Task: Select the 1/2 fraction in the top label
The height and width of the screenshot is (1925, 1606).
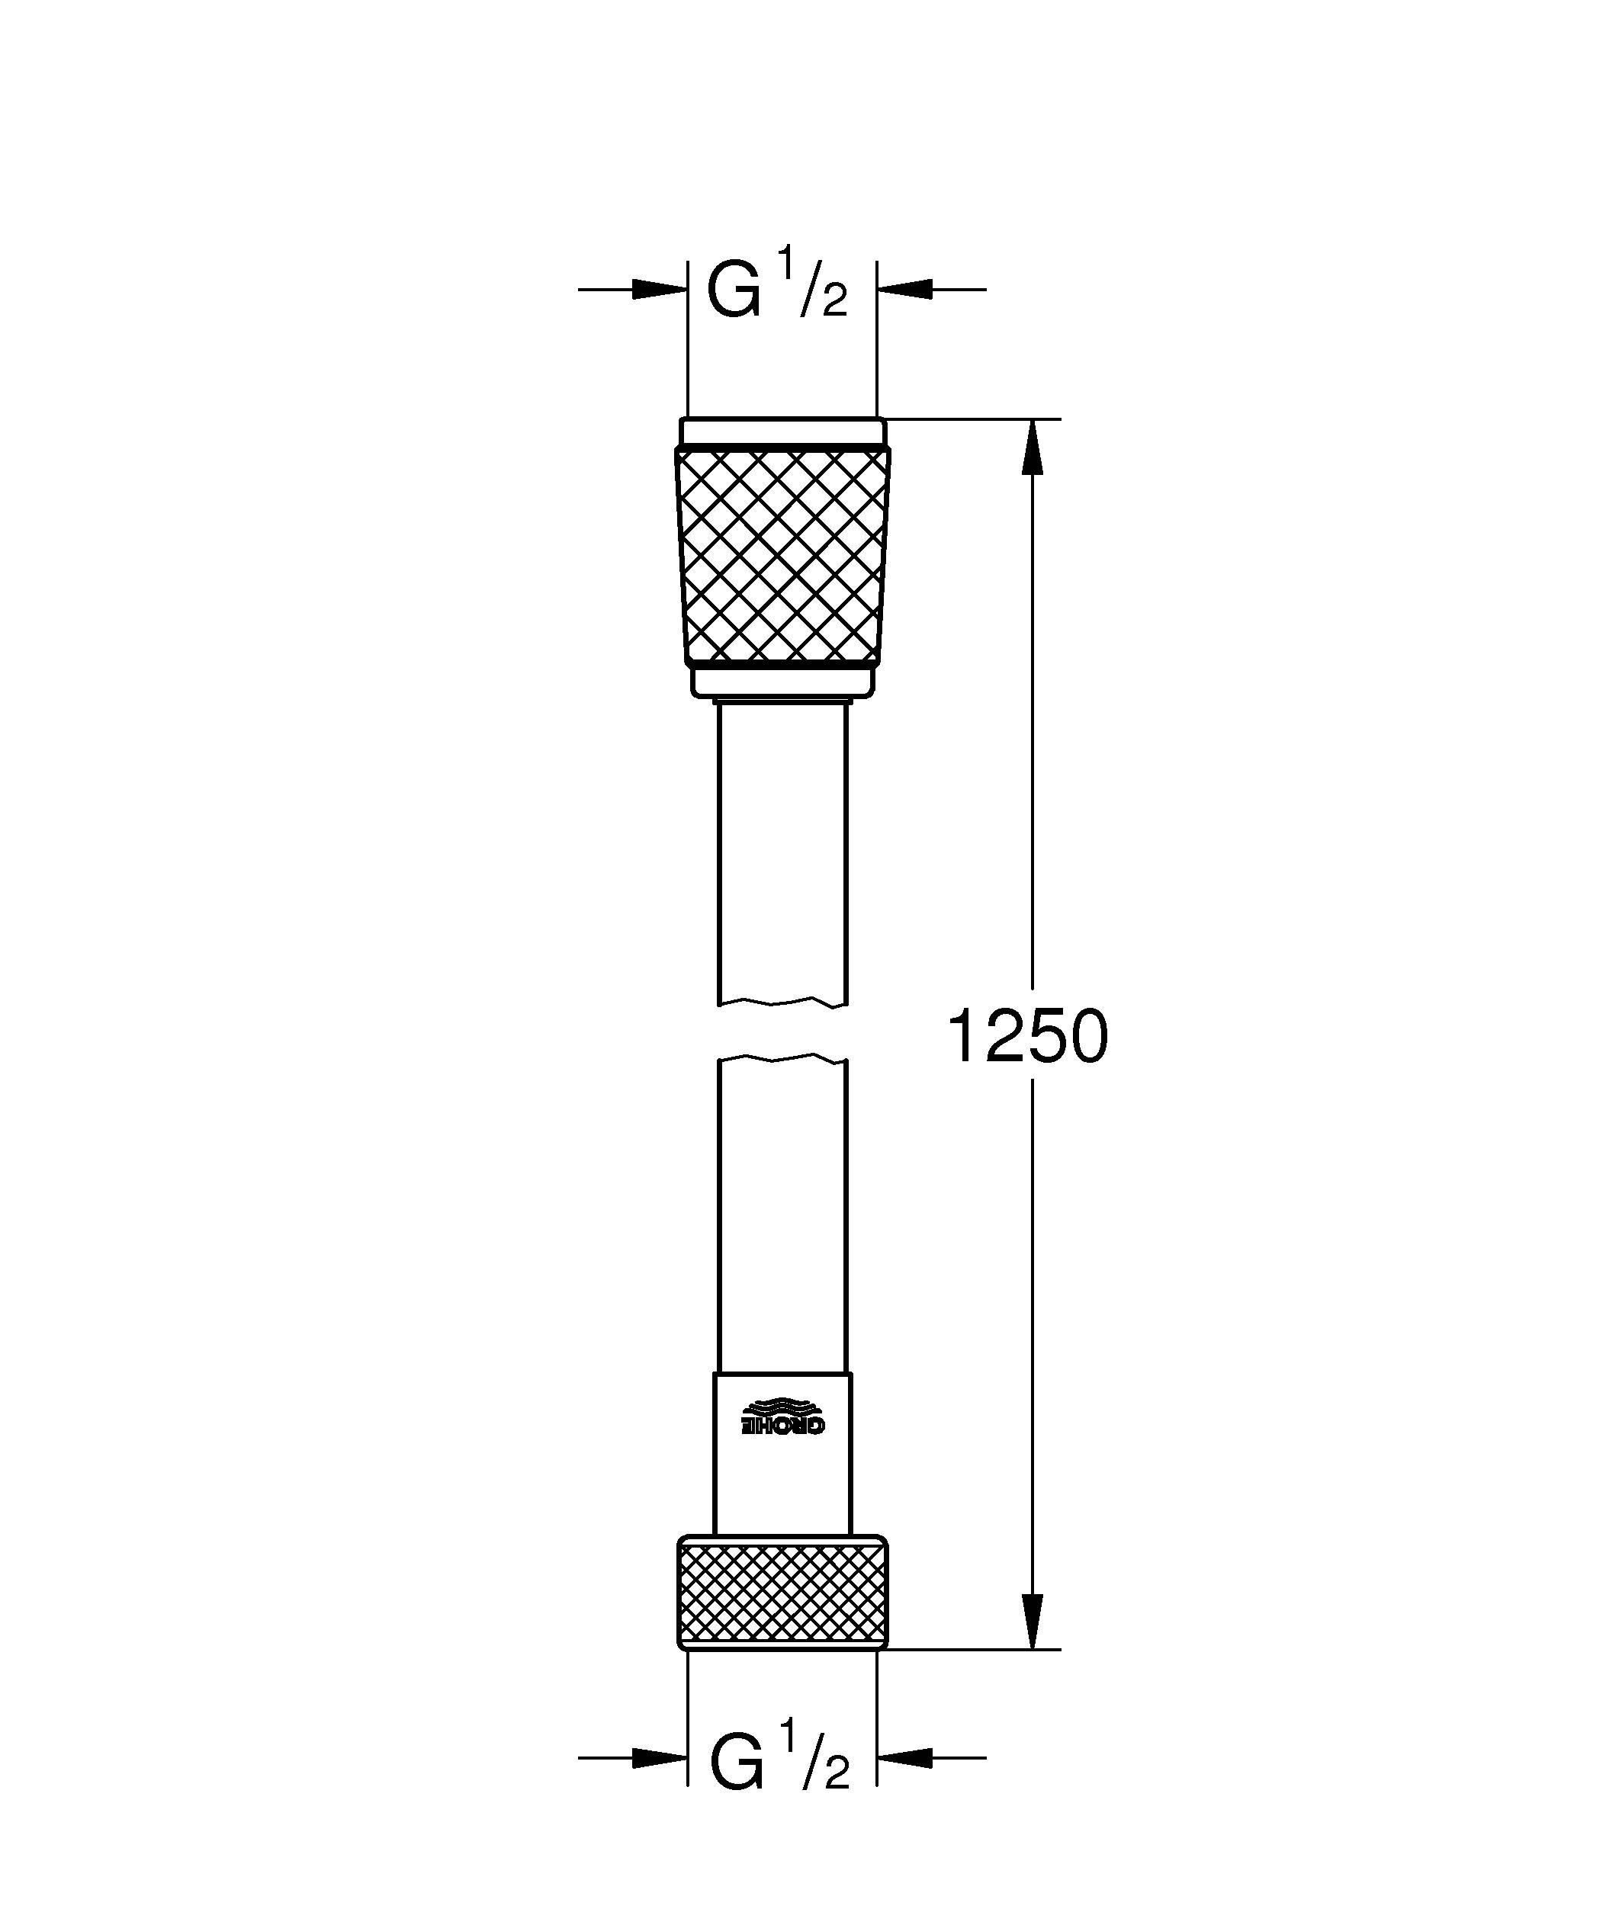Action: tap(812, 286)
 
